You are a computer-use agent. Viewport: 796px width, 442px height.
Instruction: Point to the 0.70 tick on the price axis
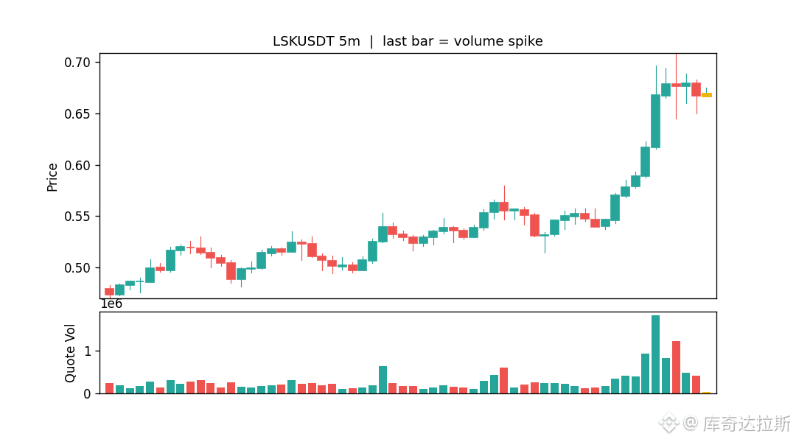(x=77, y=63)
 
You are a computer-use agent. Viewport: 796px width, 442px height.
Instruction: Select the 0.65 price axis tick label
(x=77, y=113)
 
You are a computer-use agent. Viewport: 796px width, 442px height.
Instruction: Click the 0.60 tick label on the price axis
(x=77, y=166)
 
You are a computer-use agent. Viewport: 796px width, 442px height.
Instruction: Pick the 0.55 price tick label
(x=77, y=217)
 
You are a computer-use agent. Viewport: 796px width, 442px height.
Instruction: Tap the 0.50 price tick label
(x=77, y=268)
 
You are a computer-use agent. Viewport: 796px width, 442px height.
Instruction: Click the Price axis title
(x=52, y=177)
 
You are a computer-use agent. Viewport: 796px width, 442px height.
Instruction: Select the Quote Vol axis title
(x=69, y=353)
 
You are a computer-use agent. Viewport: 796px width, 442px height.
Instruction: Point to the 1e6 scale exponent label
(x=111, y=304)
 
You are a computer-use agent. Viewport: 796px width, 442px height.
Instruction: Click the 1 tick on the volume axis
(x=87, y=351)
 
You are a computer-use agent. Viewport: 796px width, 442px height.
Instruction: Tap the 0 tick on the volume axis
(x=87, y=394)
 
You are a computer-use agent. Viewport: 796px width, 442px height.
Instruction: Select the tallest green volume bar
(x=655, y=354)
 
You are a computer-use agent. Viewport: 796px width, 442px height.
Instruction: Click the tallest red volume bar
(x=676, y=368)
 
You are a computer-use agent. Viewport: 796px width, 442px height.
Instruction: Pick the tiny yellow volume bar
(x=706, y=392)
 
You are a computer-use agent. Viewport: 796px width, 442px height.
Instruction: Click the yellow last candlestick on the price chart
(x=706, y=95)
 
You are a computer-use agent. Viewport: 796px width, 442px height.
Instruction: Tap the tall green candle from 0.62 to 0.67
(x=655, y=122)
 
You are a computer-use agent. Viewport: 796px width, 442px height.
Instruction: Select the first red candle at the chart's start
(x=109, y=291)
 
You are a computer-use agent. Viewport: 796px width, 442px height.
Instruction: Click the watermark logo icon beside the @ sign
(x=668, y=422)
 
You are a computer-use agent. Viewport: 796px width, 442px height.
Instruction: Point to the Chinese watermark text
(x=746, y=423)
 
